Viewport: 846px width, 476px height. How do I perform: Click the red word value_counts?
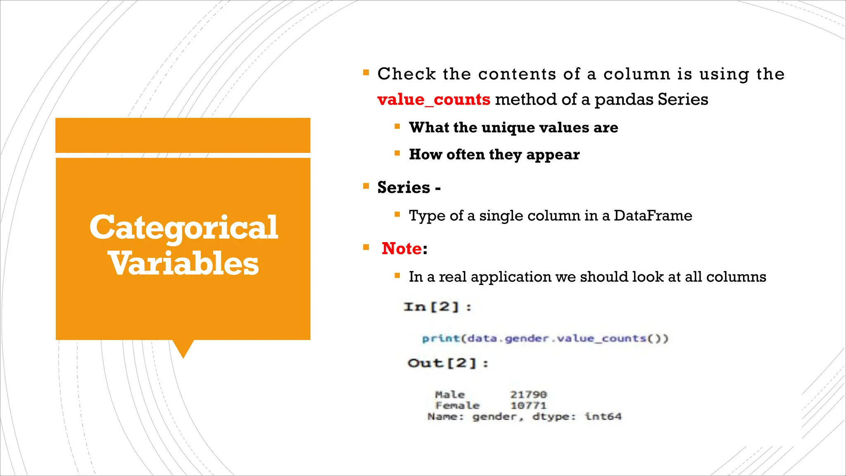click(x=433, y=100)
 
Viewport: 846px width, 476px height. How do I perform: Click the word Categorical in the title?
click(x=183, y=227)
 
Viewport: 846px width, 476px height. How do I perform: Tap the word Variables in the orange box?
click(x=183, y=264)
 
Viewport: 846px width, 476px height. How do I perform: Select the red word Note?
click(x=402, y=248)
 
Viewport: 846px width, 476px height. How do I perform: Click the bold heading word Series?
click(x=404, y=187)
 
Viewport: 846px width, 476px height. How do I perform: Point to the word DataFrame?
click(x=653, y=215)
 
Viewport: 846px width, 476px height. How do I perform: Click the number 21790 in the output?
click(x=528, y=395)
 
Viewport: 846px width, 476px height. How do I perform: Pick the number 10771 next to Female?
click(x=528, y=406)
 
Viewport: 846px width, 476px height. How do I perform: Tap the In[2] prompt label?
click(x=437, y=307)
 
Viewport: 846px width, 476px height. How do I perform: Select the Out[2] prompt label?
click(x=448, y=363)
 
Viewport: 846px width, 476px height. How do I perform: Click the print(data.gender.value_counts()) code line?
click(x=545, y=339)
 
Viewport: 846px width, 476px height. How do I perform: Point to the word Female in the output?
click(x=457, y=406)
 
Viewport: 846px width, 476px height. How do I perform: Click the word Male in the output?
click(x=449, y=395)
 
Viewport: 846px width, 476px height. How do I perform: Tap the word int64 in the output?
click(x=603, y=416)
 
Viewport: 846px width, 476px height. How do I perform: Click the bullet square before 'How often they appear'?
click(x=397, y=153)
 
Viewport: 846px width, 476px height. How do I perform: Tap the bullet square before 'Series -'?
click(x=366, y=186)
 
